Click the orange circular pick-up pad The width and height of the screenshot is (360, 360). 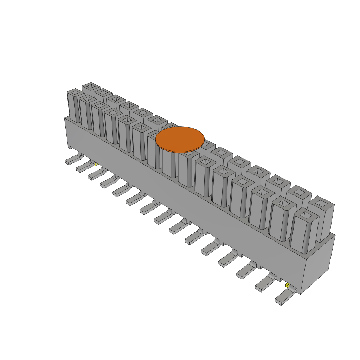180,139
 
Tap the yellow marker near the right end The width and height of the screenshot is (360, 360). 287,285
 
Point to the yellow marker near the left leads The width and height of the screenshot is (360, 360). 95,164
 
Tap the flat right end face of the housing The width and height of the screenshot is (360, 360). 319,264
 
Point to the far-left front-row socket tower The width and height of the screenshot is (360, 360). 74,107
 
